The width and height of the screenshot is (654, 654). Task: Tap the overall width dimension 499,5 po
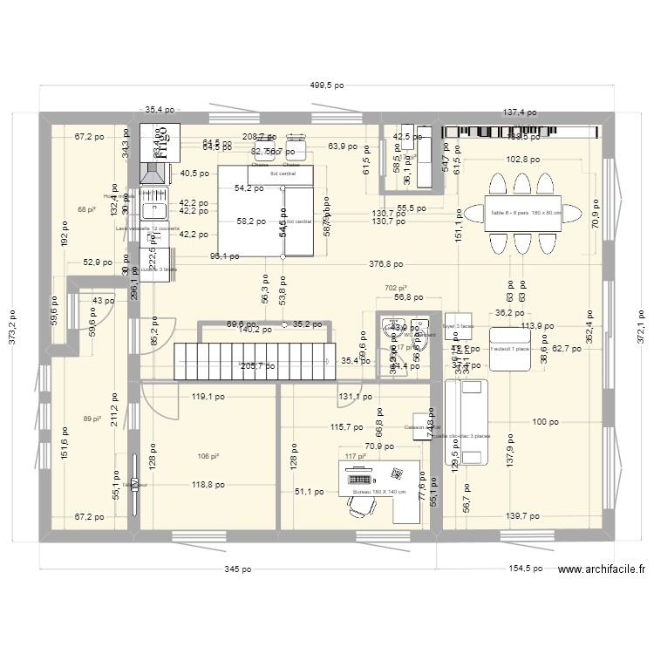[x=326, y=86]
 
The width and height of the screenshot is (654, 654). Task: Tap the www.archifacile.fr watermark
[x=602, y=569]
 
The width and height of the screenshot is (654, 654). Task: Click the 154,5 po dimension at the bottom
[x=521, y=569]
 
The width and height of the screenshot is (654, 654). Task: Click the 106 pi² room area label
[x=208, y=455]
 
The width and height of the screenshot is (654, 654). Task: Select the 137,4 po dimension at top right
[x=519, y=113]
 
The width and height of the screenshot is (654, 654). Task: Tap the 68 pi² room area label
[x=86, y=209]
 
